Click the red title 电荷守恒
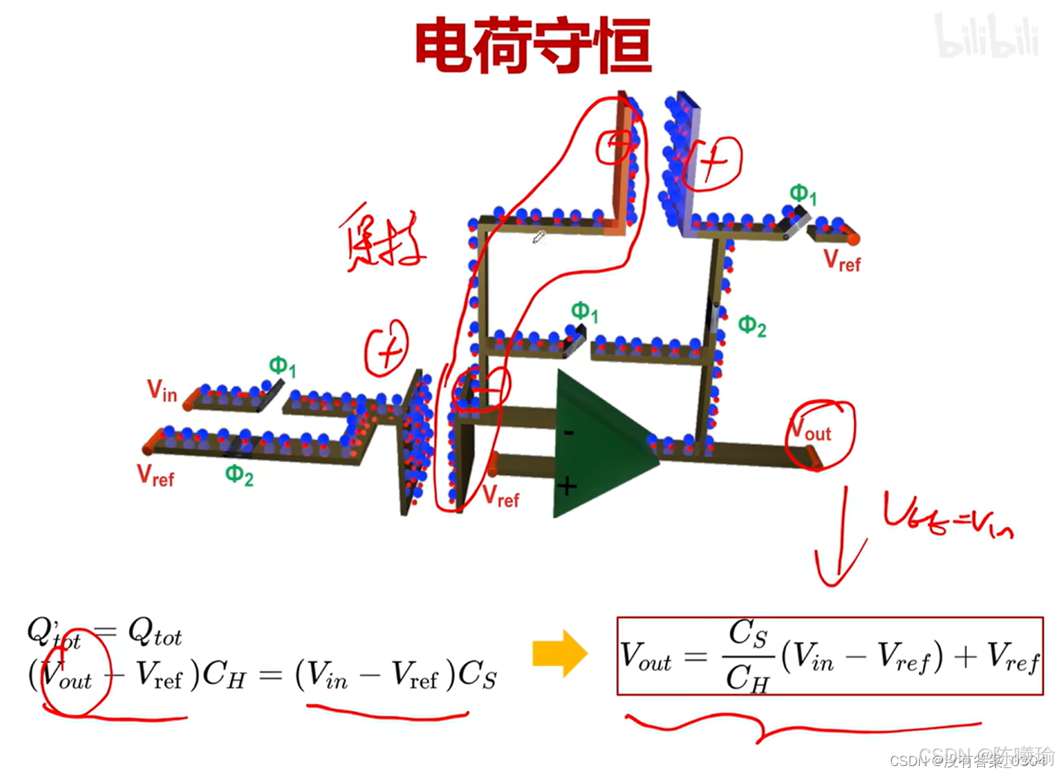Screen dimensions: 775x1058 click(533, 46)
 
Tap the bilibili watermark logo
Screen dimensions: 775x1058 click(986, 37)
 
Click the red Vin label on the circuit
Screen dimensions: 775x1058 click(161, 390)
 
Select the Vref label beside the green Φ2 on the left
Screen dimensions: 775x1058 click(155, 476)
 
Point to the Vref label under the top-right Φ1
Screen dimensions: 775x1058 click(842, 261)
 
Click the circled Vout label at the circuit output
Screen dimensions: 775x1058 click(811, 431)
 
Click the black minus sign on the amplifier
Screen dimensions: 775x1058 click(569, 432)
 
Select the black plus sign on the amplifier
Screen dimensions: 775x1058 click(567, 488)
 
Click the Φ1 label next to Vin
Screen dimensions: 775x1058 click(282, 367)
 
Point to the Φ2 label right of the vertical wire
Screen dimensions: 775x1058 click(752, 326)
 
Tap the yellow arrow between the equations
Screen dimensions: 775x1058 click(560, 653)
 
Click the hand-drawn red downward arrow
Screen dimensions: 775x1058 click(841, 538)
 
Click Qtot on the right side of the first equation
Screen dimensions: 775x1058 click(155, 634)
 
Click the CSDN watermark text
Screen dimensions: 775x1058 click(971, 759)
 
